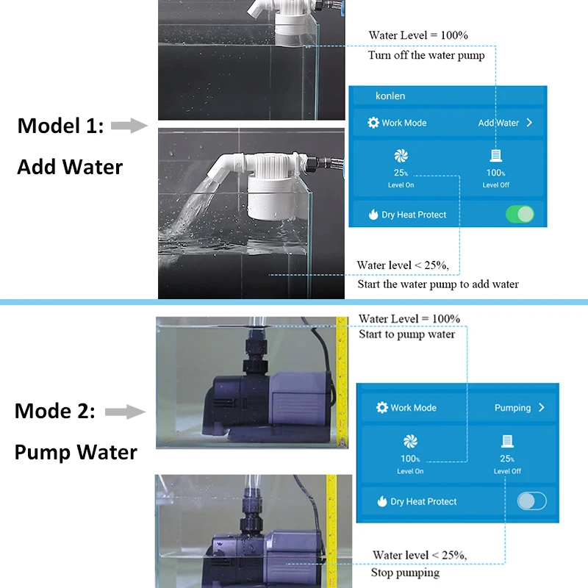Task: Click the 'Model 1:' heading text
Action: tap(61, 126)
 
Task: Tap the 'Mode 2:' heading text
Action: tap(55, 411)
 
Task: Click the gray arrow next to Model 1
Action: tap(129, 126)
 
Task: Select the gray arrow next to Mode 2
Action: tap(125, 412)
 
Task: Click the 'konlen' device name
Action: tap(390, 96)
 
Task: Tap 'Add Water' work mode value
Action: tap(498, 123)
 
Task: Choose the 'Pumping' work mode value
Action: tap(512, 407)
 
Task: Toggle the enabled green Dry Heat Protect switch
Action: tap(520, 215)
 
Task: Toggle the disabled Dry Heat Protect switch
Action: tap(531, 501)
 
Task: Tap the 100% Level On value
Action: tap(410, 458)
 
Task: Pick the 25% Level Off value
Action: tap(507, 458)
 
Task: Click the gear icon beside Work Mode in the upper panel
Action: tap(373, 123)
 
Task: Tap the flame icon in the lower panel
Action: tap(381, 501)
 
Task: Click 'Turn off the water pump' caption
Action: tap(426, 55)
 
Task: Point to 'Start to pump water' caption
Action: tap(406, 334)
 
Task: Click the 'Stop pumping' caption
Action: tap(406, 572)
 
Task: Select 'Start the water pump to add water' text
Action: tap(437, 284)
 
